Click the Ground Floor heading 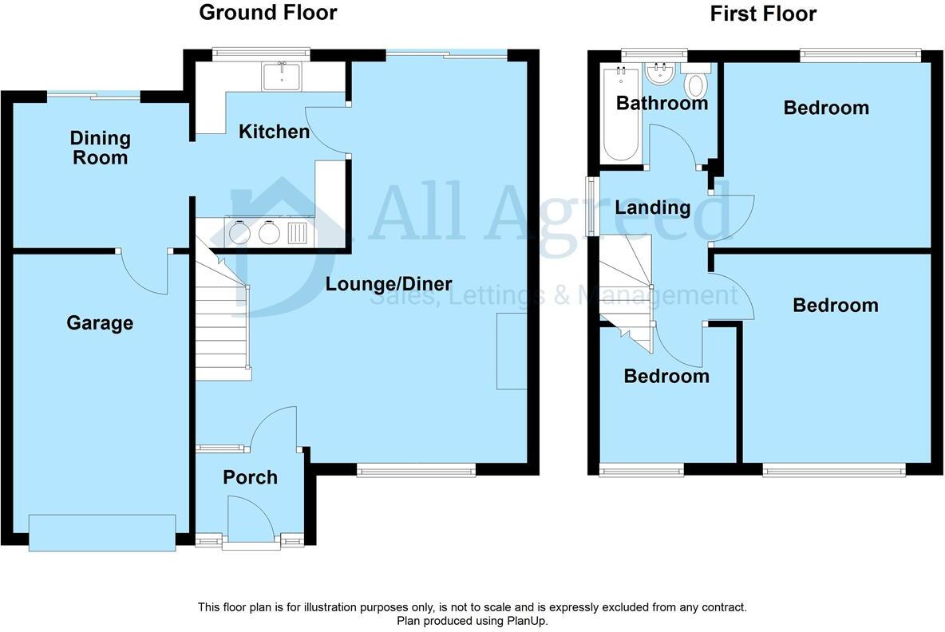click(x=267, y=13)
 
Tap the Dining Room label click(x=100, y=148)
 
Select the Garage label click(x=100, y=323)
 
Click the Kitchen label click(x=274, y=132)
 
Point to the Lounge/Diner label click(x=389, y=284)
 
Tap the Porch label click(x=250, y=477)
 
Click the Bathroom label click(x=662, y=103)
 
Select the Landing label click(x=652, y=208)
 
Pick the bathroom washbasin click(x=659, y=75)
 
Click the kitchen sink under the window click(x=282, y=77)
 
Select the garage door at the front click(x=101, y=532)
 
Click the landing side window click(x=592, y=205)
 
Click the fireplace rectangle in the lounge click(x=512, y=351)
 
